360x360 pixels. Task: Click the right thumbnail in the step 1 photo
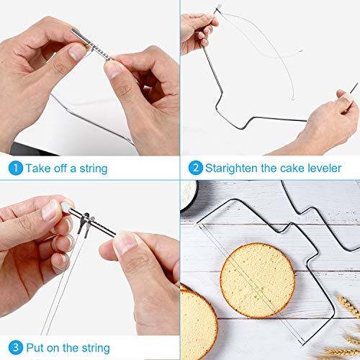[x=114, y=68]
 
